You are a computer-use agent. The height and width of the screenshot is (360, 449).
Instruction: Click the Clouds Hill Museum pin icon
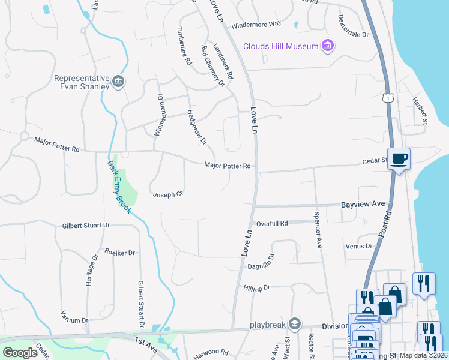coord(327,46)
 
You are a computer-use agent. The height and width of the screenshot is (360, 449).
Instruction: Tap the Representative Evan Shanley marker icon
coord(118,82)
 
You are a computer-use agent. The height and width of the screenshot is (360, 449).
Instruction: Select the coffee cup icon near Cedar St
coord(399,159)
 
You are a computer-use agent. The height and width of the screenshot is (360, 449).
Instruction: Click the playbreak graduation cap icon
coord(294,324)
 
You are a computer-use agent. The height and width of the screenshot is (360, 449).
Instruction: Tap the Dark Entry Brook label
coord(119,184)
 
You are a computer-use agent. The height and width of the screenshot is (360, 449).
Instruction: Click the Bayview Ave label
coord(363,205)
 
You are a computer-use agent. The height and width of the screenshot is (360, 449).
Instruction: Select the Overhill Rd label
coord(272,223)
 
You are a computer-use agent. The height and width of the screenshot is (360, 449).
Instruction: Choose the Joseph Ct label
coord(167,194)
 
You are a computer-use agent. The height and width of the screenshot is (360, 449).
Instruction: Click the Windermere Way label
coord(256,23)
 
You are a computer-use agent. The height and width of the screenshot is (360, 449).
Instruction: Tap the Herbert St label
coord(420,110)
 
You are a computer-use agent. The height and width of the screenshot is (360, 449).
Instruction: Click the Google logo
coord(20,353)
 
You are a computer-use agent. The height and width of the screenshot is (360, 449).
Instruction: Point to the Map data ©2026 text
coord(423,355)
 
